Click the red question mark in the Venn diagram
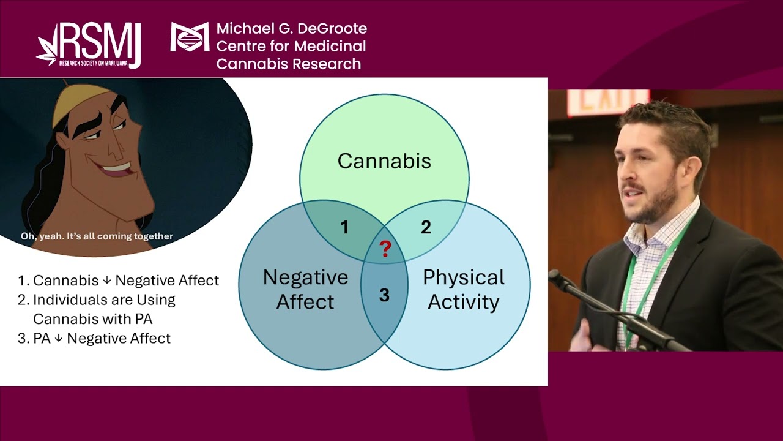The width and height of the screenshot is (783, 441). point(385,249)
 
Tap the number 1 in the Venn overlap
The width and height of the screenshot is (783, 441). point(344,228)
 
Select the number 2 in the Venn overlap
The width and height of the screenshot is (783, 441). point(426,228)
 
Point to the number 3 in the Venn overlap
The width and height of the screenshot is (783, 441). point(384,295)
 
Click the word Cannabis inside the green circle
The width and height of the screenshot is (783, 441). point(384,161)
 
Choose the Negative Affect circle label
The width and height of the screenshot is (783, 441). point(305,289)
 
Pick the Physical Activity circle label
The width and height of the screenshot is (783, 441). point(463,289)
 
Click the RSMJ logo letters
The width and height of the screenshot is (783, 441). point(101,42)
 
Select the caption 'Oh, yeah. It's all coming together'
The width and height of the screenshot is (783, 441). point(97,236)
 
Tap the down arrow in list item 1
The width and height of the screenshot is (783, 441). point(107,281)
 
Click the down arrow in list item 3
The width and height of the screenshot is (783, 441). point(59,338)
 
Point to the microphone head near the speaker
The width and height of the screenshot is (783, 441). point(558,279)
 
